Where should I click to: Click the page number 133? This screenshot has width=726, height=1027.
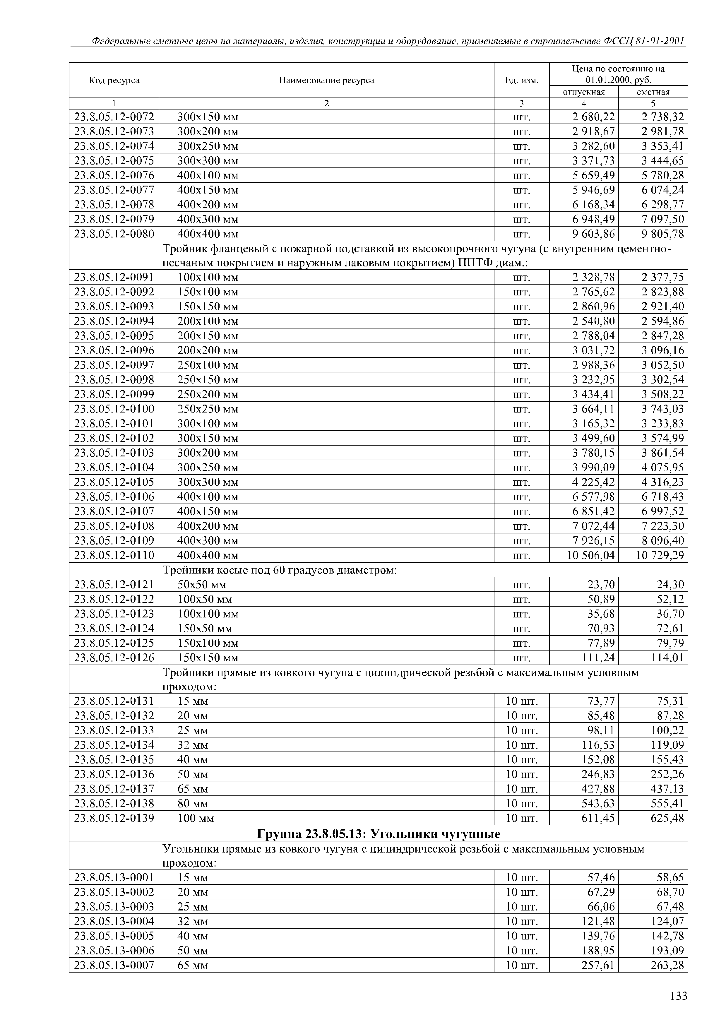point(678,996)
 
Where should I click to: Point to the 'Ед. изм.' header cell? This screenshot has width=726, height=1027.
point(522,81)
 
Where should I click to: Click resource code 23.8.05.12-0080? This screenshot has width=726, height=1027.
point(114,234)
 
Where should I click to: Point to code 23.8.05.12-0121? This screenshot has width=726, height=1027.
point(114,585)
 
